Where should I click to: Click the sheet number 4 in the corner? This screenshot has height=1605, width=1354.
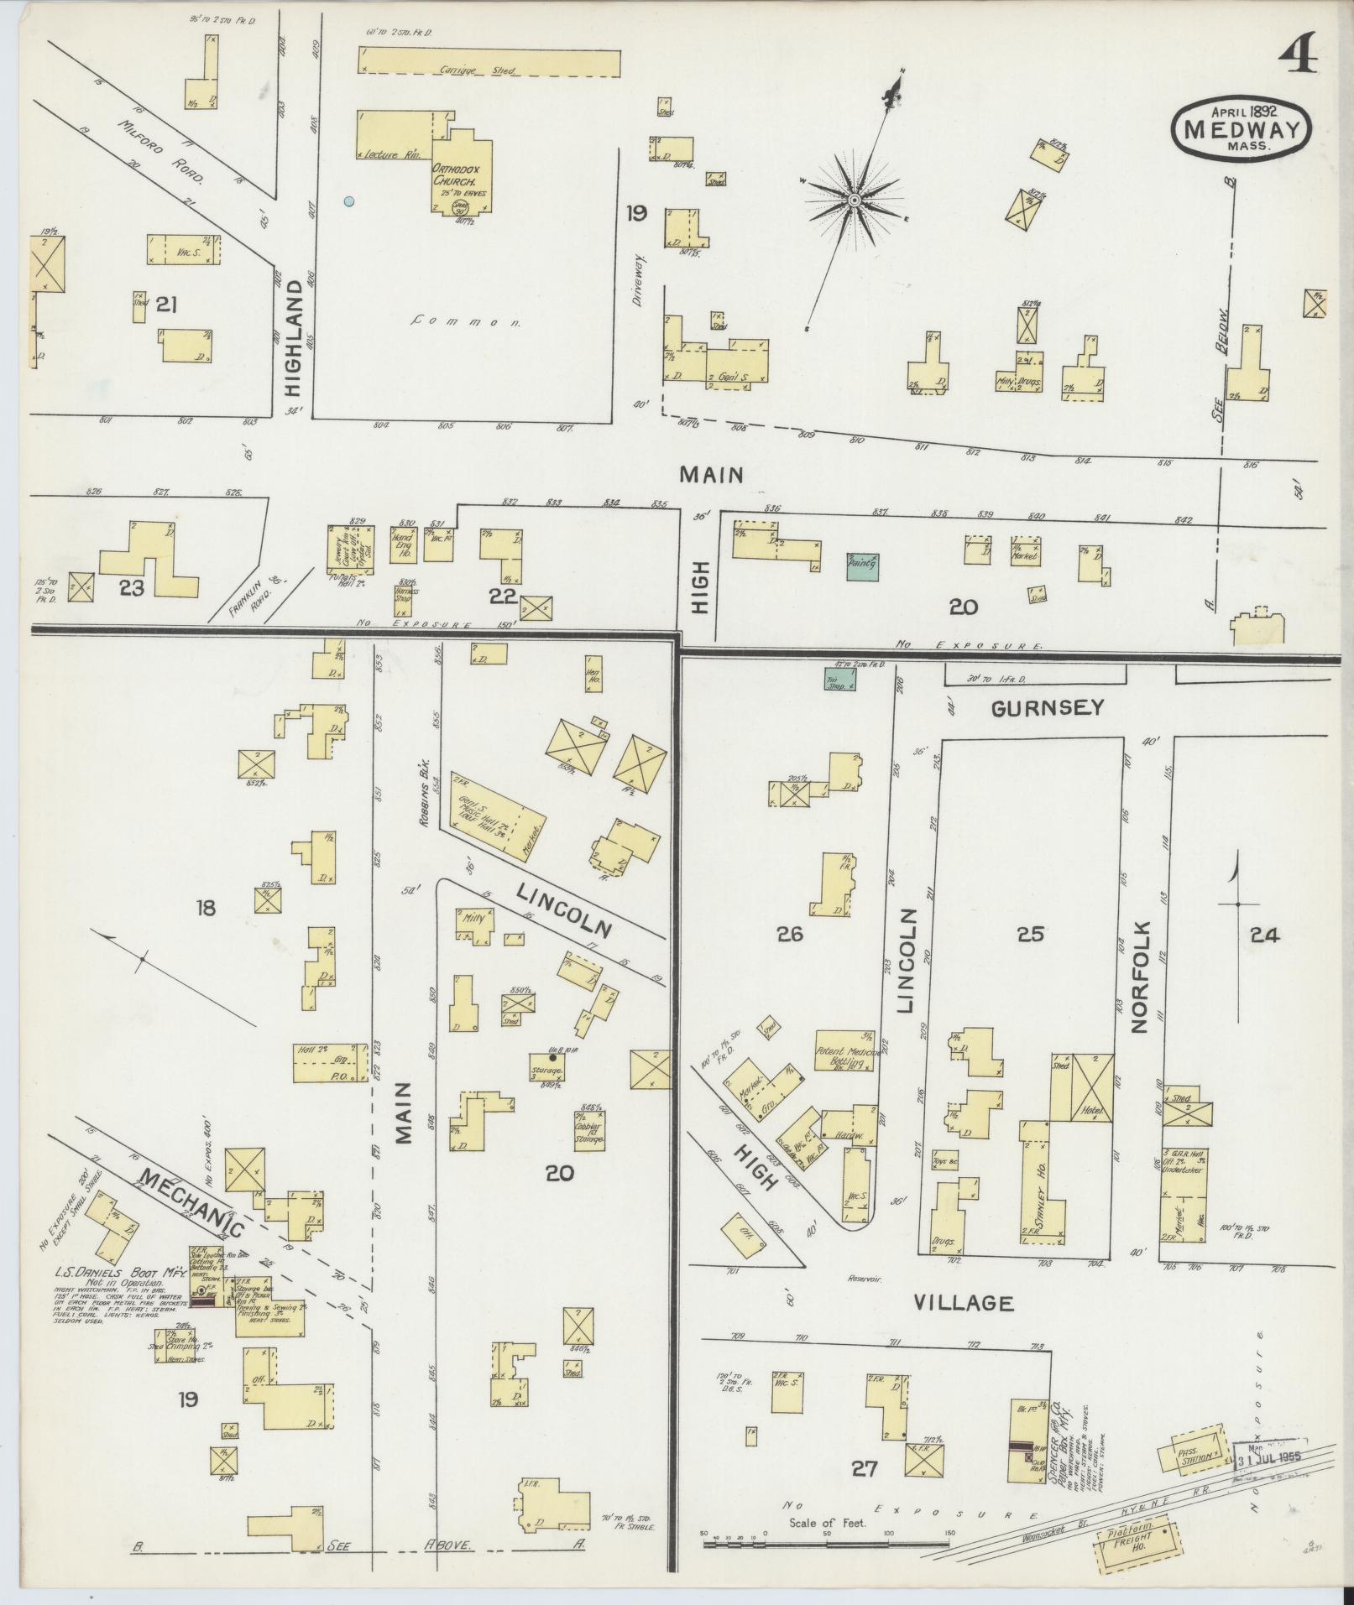click(1297, 57)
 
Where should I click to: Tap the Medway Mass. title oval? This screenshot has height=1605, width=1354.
click(1242, 128)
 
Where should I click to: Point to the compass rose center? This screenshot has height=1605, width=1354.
click(854, 200)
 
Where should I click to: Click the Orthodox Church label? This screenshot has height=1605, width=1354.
click(454, 174)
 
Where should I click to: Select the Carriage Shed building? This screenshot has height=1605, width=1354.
click(491, 60)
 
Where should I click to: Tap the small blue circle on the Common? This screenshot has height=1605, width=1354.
click(348, 201)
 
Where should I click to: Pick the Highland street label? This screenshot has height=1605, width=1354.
click(293, 336)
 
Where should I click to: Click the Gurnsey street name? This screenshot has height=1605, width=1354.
click(1047, 708)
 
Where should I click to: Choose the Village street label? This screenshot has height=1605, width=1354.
click(963, 1326)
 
